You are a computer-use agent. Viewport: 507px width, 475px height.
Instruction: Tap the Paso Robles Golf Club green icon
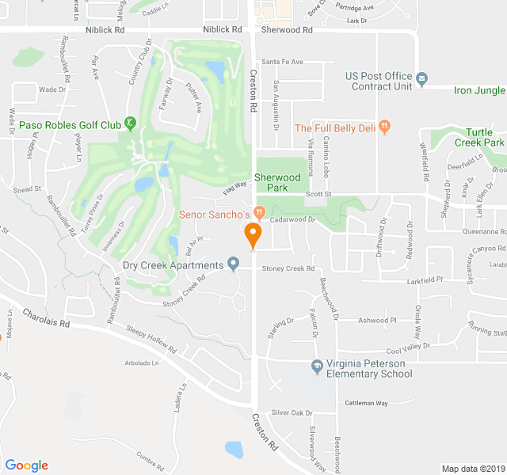coord(131,123)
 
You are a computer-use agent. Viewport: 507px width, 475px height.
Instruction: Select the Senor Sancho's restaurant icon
coord(259,214)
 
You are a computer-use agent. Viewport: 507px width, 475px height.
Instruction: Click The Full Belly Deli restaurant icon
coord(384,126)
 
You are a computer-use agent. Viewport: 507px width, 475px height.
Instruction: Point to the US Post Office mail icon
coord(422,79)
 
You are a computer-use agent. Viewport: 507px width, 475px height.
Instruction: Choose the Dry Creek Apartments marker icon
coord(233,264)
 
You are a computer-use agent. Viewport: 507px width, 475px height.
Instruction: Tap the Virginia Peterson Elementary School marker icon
coord(316,364)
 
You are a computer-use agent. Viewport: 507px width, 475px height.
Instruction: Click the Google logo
coord(26,465)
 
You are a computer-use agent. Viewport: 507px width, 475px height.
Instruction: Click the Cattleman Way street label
coord(366,403)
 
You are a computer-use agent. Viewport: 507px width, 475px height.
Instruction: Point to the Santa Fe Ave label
coord(283,61)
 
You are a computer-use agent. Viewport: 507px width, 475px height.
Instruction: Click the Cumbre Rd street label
coord(150,458)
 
